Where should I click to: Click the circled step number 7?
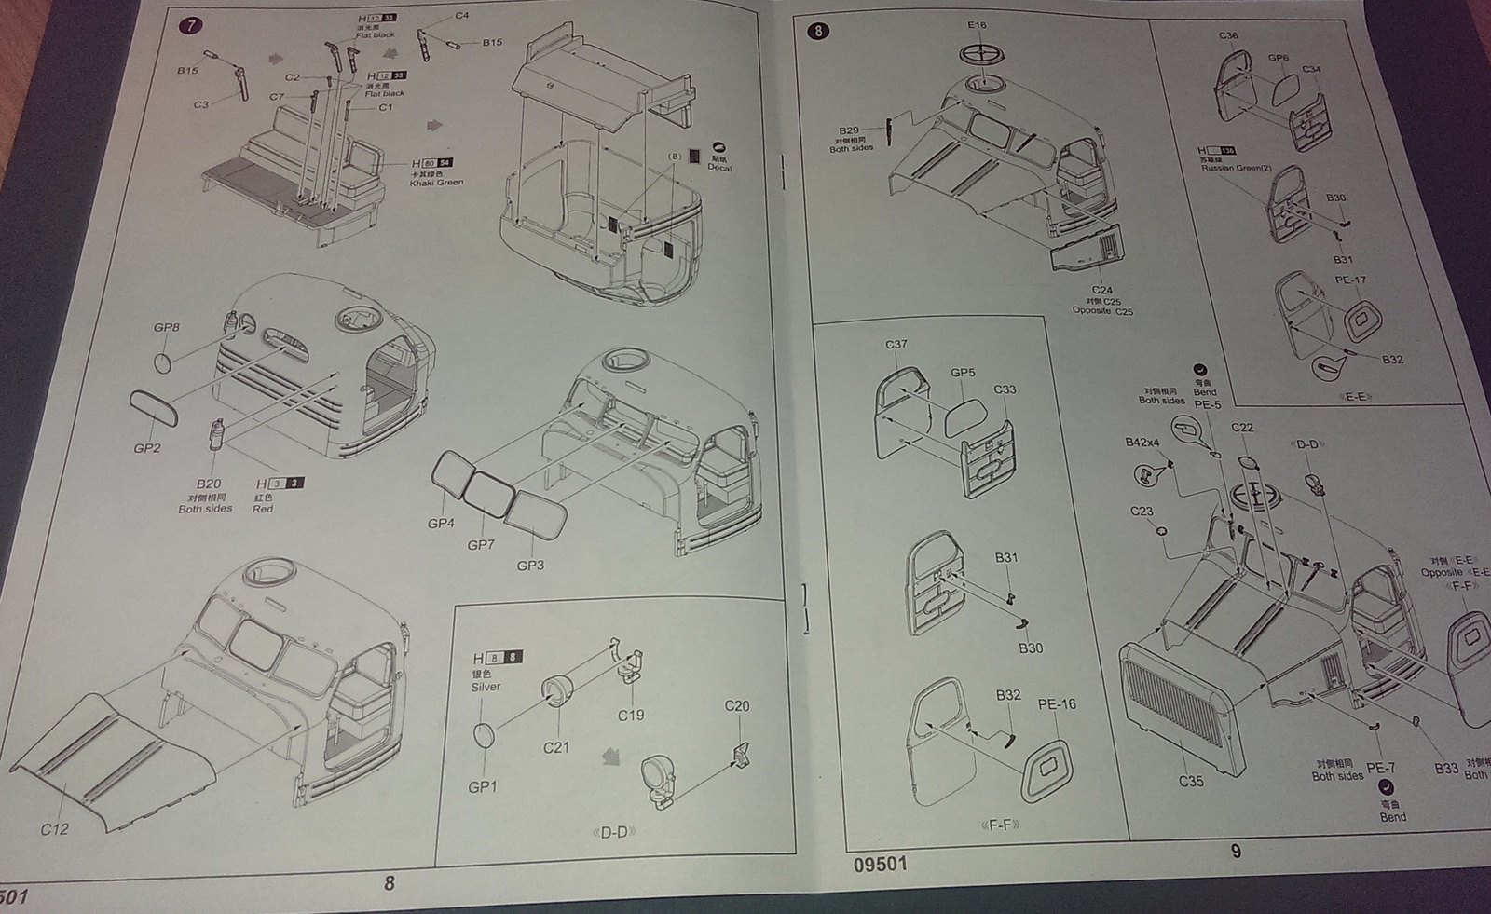[x=190, y=25]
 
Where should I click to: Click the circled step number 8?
[x=817, y=31]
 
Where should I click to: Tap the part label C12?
[x=54, y=828]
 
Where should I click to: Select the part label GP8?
[x=166, y=327]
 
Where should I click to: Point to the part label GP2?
[x=146, y=448]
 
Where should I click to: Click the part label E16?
[x=977, y=25]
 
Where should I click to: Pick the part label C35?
[x=1191, y=782]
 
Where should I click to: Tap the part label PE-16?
[x=1057, y=704]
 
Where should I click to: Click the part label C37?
[x=896, y=344]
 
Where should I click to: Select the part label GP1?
[x=482, y=787]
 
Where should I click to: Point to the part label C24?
[x=1101, y=291]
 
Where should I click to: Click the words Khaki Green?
[x=436, y=183]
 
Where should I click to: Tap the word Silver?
[x=486, y=687]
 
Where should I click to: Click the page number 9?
[x=1236, y=851]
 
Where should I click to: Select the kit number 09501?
[x=880, y=864]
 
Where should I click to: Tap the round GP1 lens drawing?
[x=484, y=735]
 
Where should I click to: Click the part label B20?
[x=209, y=484]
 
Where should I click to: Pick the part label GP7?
[x=481, y=544]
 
